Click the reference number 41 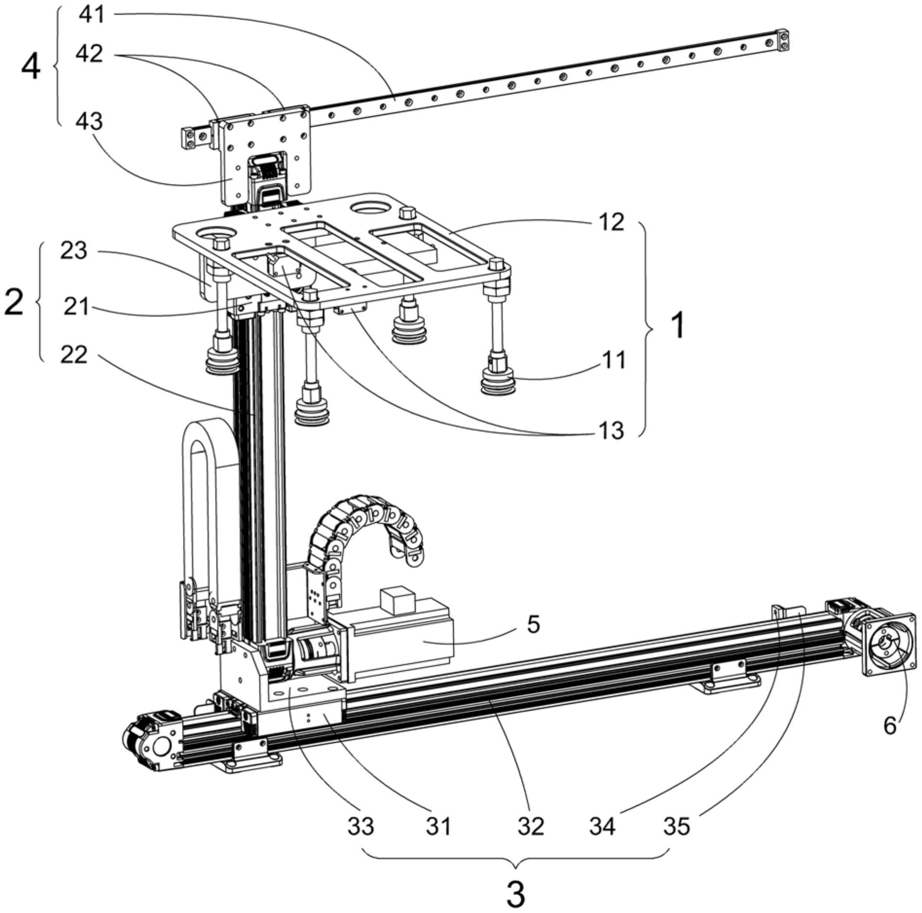(x=92, y=15)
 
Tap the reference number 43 (x=89, y=121)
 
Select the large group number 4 (x=30, y=68)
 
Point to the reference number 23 (x=73, y=251)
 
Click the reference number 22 (x=73, y=355)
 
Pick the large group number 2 (x=14, y=302)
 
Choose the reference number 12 (x=611, y=222)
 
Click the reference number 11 (x=614, y=361)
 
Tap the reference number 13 (x=611, y=430)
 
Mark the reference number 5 (x=533, y=624)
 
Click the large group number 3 (x=516, y=894)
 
